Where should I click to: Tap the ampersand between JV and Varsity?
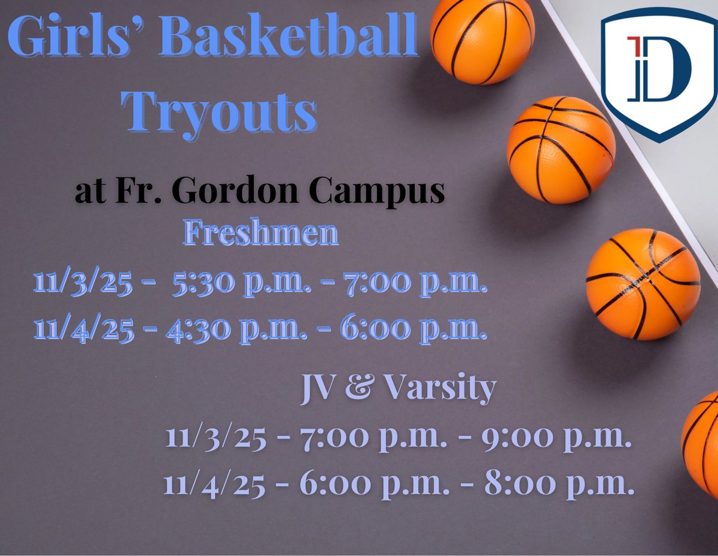(360, 389)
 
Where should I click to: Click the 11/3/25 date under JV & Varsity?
(215, 439)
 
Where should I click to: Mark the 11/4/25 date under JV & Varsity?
(215, 485)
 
